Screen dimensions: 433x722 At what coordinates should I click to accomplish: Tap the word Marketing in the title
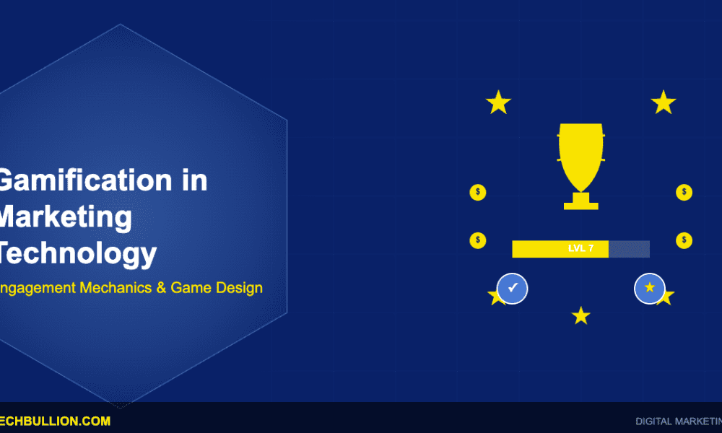click(x=65, y=217)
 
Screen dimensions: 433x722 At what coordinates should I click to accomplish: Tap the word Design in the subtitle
click(x=239, y=288)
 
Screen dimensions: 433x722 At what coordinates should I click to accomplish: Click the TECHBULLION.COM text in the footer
click(x=54, y=421)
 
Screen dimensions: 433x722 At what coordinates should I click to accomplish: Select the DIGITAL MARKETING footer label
click(x=677, y=421)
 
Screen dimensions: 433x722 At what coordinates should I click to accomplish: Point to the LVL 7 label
click(x=580, y=249)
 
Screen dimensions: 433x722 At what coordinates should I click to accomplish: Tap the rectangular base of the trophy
click(x=581, y=205)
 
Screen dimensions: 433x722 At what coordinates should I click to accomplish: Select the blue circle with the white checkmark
click(x=513, y=288)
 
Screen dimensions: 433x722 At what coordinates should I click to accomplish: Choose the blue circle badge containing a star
click(x=649, y=288)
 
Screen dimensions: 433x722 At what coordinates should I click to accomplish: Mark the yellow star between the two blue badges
click(x=580, y=315)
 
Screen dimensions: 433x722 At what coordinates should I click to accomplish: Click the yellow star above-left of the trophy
click(x=498, y=102)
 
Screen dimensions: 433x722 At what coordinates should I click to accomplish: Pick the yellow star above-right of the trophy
click(x=663, y=102)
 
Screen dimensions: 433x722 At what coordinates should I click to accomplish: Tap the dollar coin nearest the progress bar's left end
click(x=478, y=240)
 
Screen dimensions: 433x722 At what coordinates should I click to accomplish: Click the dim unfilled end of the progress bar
click(x=629, y=249)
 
